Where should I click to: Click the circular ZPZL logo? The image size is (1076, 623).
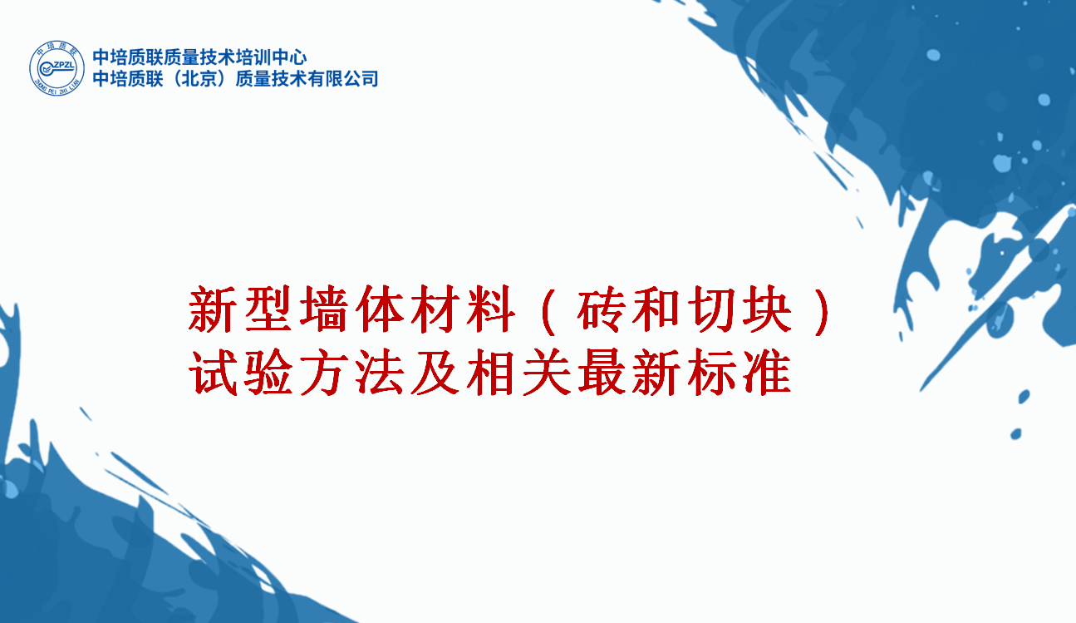pos(57,67)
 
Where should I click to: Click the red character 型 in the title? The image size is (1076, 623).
pos(268,309)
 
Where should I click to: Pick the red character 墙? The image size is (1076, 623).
pos(323,309)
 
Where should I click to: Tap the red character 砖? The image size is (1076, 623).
pos(601,309)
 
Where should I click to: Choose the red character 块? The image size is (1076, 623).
pos(767,309)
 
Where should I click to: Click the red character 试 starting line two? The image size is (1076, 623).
pos(213,372)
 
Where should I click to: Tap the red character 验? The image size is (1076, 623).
pos(268,372)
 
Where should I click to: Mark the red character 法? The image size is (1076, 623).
pos(379,372)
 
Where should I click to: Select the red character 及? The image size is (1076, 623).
pos(435,372)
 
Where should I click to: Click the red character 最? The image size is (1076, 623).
pos(601,372)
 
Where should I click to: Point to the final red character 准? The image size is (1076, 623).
pos(767,372)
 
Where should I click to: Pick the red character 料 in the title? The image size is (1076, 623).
pos(490,309)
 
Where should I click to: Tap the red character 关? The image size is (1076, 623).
pos(546,372)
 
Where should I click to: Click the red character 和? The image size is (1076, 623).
pos(656,309)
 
